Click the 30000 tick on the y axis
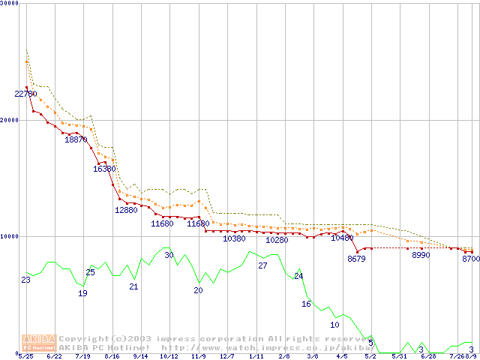pyautogui.click(x=10, y=4)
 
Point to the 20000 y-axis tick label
pyautogui.click(x=10, y=120)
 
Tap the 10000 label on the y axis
pyautogui.click(x=10, y=236)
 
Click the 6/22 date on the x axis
pyautogui.click(x=54, y=356)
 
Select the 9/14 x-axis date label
pyautogui.click(x=140, y=356)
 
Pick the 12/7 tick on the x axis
pyautogui.click(x=226, y=356)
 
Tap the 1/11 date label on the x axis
pyautogui.click(x=256, y=356)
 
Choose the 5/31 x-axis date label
pyautogui.click(x=399, y=356)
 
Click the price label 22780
pyautogui.click(x=25, y=94)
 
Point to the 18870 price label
pyautogui.click(x=76, y=139)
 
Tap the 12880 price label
pyautogui.click(x=126, y=210)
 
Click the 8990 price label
pyautogui.click(x=421, y=255)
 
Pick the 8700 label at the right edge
pyautogui.click(x=471, y=258)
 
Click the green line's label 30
pyautogui.click(x=169, y=255)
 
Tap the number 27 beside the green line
pyautogui.click(x=262, y=265)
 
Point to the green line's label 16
pyautogui.click(x=306, y=304)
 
